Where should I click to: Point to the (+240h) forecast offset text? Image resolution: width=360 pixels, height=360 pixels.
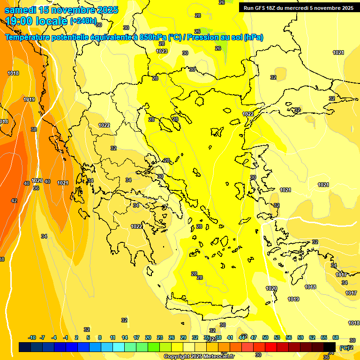[x=83, y=21]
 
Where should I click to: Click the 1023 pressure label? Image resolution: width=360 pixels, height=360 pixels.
[x=162, y=51]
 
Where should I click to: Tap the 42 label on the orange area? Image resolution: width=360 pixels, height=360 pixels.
[x=14, y=201]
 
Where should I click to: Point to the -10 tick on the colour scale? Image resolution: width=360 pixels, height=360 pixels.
[x=32, y=337]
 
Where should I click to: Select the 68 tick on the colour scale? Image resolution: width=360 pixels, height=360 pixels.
[x=336, y=337]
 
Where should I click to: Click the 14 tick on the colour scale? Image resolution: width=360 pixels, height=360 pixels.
[x=125, y=337]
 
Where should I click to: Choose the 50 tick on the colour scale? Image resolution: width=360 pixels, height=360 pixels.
[x=265, y=337]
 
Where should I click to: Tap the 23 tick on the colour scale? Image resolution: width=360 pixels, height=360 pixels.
[x=160, y=337]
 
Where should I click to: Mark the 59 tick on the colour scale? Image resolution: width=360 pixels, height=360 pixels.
[x=300, y=337]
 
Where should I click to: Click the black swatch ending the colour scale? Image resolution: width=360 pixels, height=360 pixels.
[x=330, y=347]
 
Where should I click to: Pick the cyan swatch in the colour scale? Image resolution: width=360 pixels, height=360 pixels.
[x=119, y=347]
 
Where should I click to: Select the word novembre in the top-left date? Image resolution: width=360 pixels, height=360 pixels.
[x=73, y=10]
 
